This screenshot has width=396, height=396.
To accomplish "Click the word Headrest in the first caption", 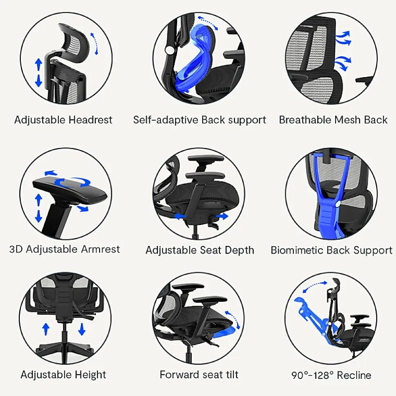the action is tap(90, 120).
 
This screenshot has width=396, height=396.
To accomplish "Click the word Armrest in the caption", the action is tap(100, 249).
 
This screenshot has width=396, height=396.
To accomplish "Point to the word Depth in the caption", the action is tap(239, 250).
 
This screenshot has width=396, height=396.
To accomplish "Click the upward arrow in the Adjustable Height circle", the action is tap(46, 329).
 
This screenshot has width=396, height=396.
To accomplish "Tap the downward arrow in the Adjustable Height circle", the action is tap(81, 329).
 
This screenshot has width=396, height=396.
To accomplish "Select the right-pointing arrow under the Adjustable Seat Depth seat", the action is tap(222, 216).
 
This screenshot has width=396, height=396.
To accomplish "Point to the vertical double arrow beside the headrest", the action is tap(38, 73).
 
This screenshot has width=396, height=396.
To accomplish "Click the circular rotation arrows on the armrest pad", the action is tap(72, 182).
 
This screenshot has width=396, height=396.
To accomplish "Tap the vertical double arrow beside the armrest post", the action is tap(38, 208).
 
